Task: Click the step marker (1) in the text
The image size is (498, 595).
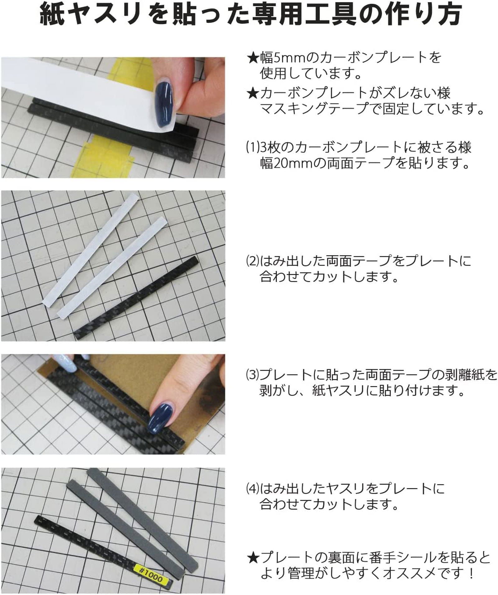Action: (252, 147)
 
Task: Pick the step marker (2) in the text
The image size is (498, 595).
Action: (252, 261)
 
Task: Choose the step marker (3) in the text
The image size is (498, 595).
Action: (252, 375)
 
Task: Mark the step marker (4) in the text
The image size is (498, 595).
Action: (252, 489)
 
